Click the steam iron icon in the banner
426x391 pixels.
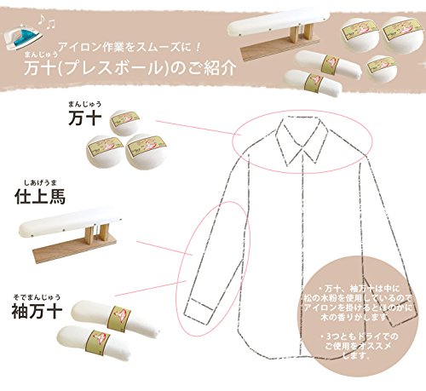(23, 37)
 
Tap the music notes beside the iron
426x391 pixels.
(47, 21)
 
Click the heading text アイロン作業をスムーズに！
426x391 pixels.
(130, 47)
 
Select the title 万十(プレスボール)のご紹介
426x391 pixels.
(130, 67)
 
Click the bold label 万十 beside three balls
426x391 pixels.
(85, 118)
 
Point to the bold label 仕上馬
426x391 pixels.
(40, 197)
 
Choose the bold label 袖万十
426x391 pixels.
(37, 311)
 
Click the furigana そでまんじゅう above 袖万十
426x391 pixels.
(37, 297)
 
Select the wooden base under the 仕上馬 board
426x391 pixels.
(75, 249)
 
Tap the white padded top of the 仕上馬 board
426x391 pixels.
(71, 222)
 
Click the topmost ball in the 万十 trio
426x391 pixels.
(125, 123)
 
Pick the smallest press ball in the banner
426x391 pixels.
(381, 68)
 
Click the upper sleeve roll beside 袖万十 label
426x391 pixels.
(115, 319)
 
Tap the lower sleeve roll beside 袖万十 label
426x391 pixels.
(95, 343)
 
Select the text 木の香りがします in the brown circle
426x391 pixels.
(354, 317)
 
